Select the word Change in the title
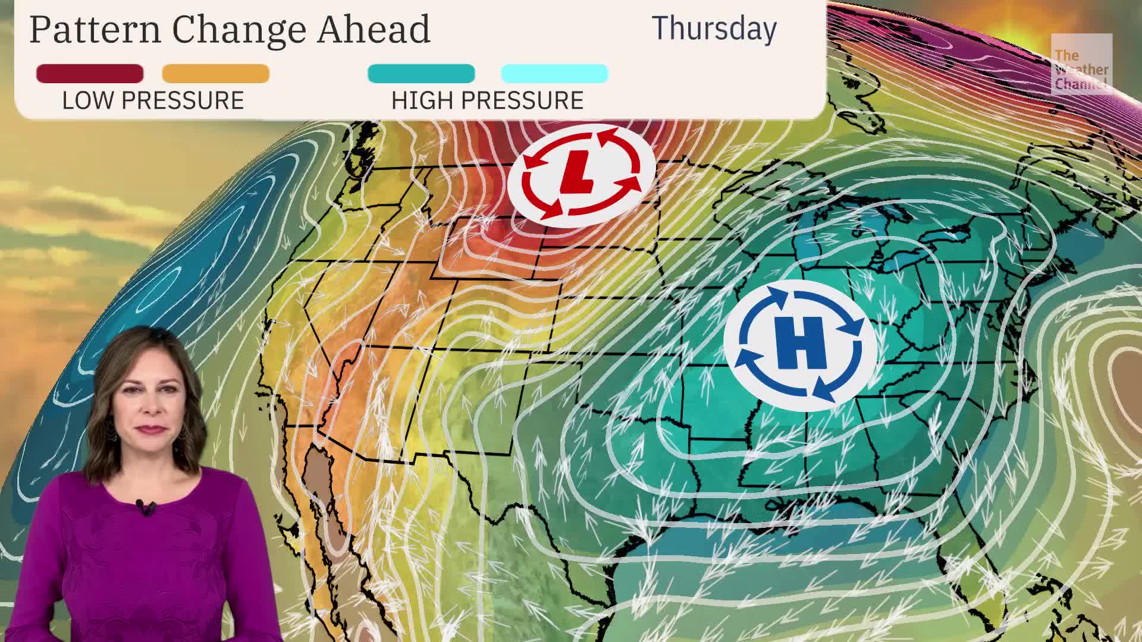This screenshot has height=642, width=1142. (x=238, y=30)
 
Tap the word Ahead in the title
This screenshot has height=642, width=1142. (x=374, y=29)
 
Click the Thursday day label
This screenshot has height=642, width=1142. (x=714, y=29)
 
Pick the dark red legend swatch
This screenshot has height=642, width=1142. (x=90, y=74)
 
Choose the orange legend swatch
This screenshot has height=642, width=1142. (x=215, y=74)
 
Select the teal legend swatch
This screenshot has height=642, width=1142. (x=421, y=74)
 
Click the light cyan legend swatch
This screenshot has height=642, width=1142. (x=554, y=74)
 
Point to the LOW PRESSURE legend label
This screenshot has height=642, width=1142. (x=153, y=100)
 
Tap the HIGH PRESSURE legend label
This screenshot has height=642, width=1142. (x=487, y=100)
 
